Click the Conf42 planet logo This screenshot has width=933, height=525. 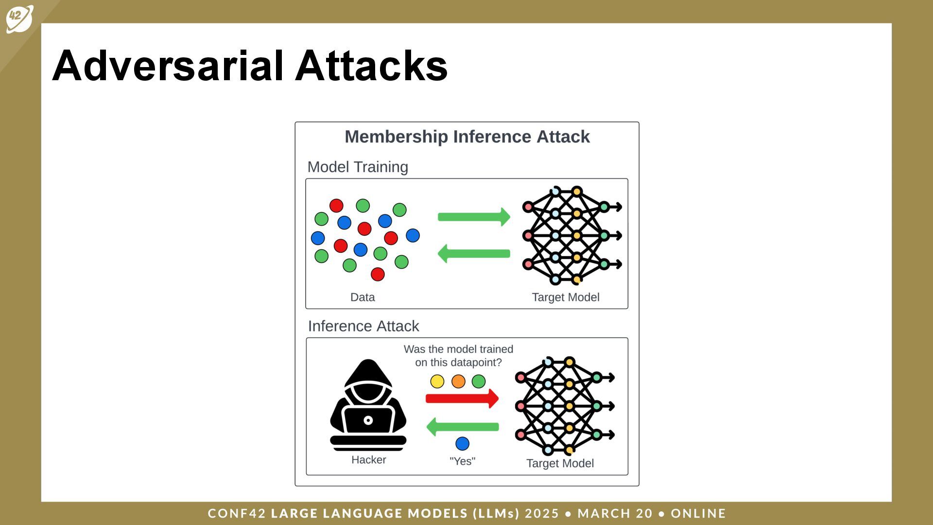click(x=19, y=18)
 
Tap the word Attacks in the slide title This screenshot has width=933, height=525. click(x=371, y=66)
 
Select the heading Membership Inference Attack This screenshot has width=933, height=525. click(x=467, y=137)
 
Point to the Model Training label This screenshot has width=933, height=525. click(x=358, y=167)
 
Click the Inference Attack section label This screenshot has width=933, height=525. click(x=363, y=326)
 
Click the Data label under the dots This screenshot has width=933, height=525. click(x=363, y=297)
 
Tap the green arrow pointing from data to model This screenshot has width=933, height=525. click(x=474, y=217)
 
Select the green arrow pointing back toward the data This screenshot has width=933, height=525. click(x=474, y=254)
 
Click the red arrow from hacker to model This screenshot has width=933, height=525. click(x=462, y=399)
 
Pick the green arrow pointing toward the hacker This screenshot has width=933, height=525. click(x=462, y=427)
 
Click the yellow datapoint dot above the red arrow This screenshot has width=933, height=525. click(x=437, y=382)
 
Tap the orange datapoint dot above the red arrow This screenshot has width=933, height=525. click(x=458, y=382)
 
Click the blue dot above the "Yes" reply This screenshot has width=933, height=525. click(x=462, y=443)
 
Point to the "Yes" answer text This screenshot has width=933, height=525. click(x=462, y=461)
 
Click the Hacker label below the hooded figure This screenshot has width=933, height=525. click(x=368, y=460)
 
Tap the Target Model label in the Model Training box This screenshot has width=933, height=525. click(x=566, y=297)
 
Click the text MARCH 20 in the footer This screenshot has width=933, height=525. click(x=615, y=513)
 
